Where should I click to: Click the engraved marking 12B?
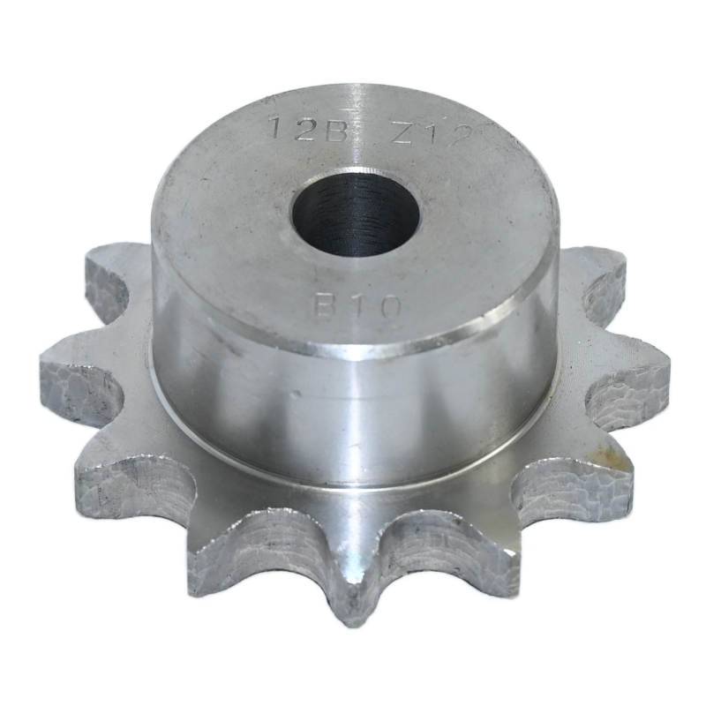point(309,129)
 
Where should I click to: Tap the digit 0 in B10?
point(388,308)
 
